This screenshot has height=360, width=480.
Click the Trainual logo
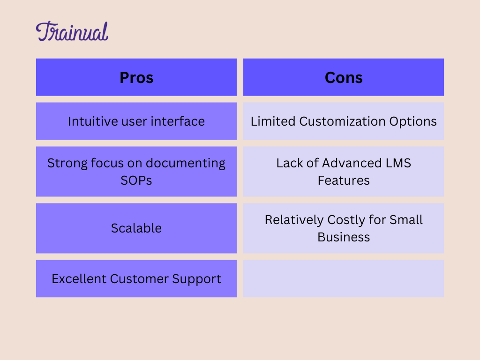click(x=72, y=31)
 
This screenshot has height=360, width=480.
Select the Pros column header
click(x=136, y=77)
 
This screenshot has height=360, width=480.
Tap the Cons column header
click(x=344, y=77)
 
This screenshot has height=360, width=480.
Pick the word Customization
click(x=342, y=121)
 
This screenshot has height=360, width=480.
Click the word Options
click(x=413, y=122)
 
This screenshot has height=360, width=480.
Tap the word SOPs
click(x=136, y=180)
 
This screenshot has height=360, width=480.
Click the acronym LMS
click(x=398, y=163)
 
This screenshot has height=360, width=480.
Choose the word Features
click(x=344, y=180)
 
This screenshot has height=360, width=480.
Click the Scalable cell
click(x=136, y=228)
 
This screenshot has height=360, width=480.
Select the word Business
click(x=344, y=237)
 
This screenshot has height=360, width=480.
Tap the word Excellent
click(x=79, y=279)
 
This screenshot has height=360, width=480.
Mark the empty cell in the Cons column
click(x=344, y=278)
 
